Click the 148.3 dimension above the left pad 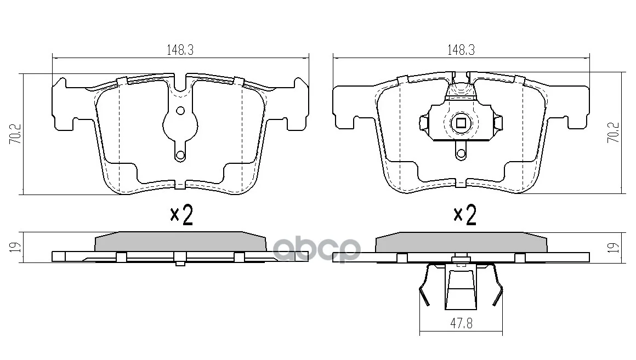[x=180, y=50]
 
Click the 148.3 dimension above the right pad [x=461, y=50]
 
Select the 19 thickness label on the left [x=15, y=247]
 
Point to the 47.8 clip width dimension [x=461, y=323]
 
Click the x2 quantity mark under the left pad [x=181, y=215]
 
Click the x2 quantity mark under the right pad [x=465, y=215]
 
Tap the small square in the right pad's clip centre [x=461, y=122]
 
